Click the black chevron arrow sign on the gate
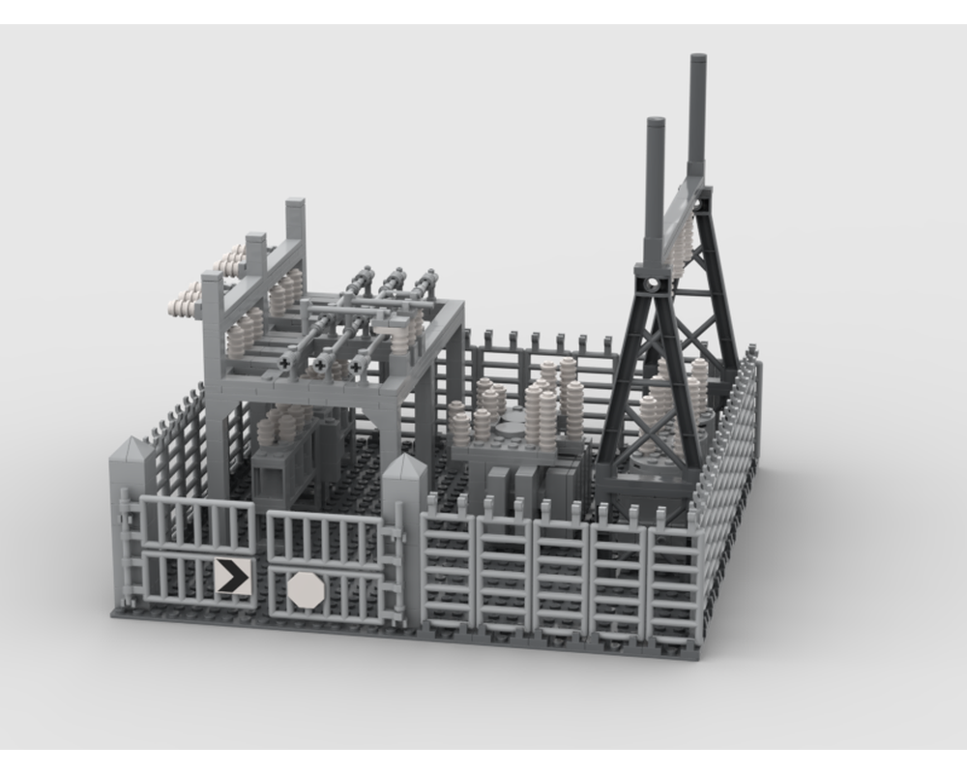(x=232, y=577)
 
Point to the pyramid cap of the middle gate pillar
(x=404, y=469)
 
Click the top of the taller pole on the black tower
(x=697, y=60)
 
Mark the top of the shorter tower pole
(x=656, y=123)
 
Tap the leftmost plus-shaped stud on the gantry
(x=284, y=363)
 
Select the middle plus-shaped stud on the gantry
(x=319, y=366)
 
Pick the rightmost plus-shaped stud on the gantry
(x=356, y=368)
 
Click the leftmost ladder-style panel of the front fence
(x=448, y=570)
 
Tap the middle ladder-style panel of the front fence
(x=561, y=577)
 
